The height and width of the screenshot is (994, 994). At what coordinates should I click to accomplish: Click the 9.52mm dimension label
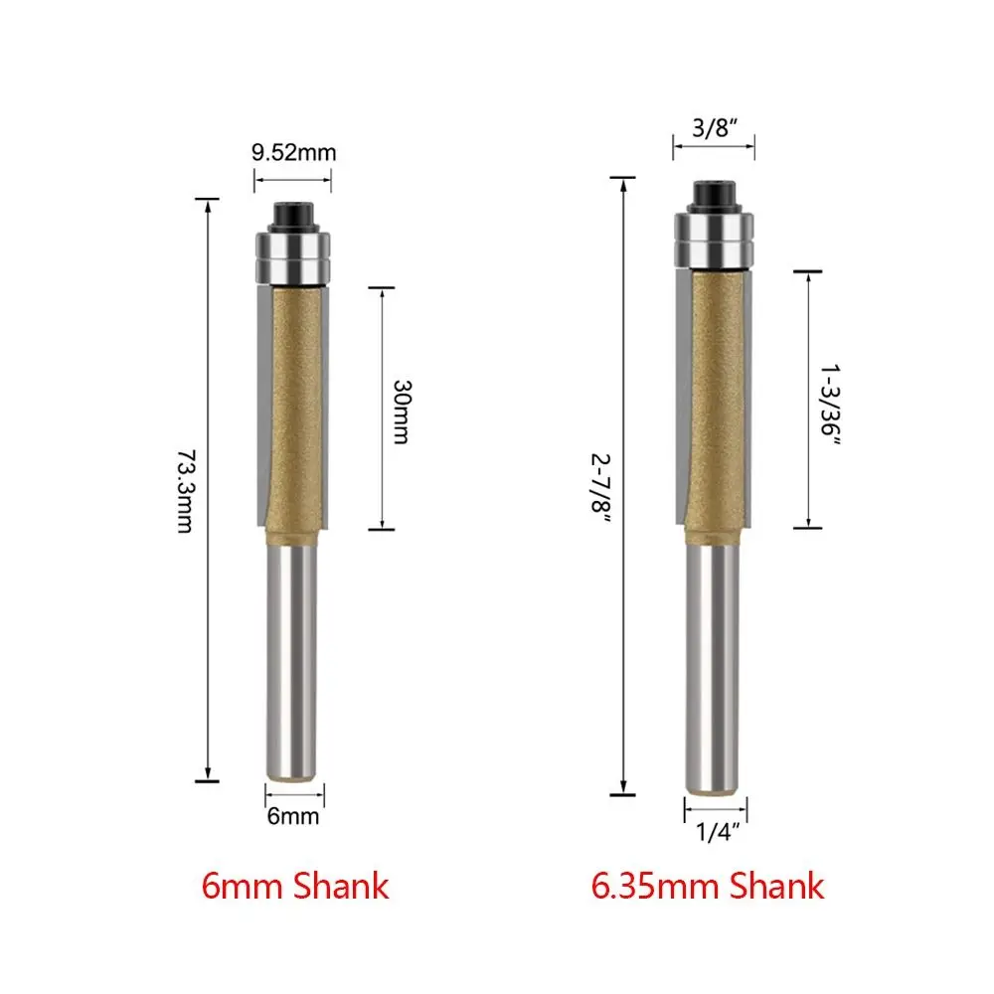click(293, 153)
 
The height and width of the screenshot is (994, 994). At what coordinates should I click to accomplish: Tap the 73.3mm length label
click(187, 491)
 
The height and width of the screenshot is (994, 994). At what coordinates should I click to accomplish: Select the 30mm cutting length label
click(402, 413)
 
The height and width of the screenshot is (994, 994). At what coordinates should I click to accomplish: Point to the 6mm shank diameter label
click(293, 816)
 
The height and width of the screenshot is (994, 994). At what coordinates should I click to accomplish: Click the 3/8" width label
click(715, 127)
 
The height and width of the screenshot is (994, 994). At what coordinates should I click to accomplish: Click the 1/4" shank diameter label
click(717, 832)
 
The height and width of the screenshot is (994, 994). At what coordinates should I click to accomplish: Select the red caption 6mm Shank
click(295, 887)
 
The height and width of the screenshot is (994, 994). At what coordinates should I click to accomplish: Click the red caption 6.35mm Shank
click(708, 887)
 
